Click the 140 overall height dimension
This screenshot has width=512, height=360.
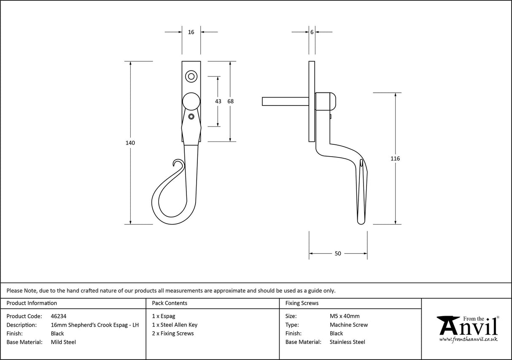coord(130,143)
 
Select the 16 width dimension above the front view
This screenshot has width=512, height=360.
coord(191,32)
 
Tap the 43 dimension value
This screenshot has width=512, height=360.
coord(218,101)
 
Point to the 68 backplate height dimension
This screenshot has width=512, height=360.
coord(230,101)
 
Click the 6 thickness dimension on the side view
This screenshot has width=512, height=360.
coord(312,32)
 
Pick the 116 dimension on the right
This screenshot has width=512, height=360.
coord(395,159)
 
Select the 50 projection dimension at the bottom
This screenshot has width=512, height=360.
coord(338,254)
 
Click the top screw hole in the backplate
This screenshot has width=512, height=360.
coord(191,77)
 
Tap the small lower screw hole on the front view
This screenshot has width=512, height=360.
coord(191,116)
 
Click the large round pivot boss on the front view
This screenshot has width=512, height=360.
coord(191,102)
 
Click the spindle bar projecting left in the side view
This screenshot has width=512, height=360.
coord(285,102)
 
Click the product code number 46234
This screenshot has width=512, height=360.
coord(58,316)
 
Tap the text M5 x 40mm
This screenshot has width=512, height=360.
coord(345,316)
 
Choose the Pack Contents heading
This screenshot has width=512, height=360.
coord(170,303)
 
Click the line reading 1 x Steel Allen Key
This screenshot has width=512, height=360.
coord(175,325)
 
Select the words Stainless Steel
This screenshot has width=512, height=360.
coord(348,342)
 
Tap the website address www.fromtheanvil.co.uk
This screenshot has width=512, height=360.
coord(468,339)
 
